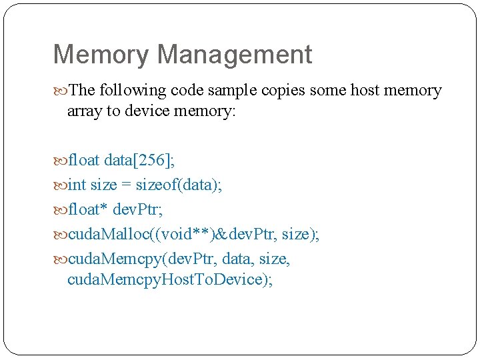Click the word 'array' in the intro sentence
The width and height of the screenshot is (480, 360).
point(84,111)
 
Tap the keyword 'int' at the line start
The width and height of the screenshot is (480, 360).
point(77,185)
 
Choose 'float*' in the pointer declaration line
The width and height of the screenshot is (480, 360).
point(89,209)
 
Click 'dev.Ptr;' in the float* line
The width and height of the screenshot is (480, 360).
point(139,209)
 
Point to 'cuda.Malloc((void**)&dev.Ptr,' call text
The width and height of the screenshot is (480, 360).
point(173,234)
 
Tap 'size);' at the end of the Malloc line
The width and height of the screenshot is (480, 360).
point(301,234)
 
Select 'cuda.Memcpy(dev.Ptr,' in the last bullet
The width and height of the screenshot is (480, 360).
point(143,258)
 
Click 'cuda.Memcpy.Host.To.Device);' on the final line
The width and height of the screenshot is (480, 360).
point(170,279)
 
